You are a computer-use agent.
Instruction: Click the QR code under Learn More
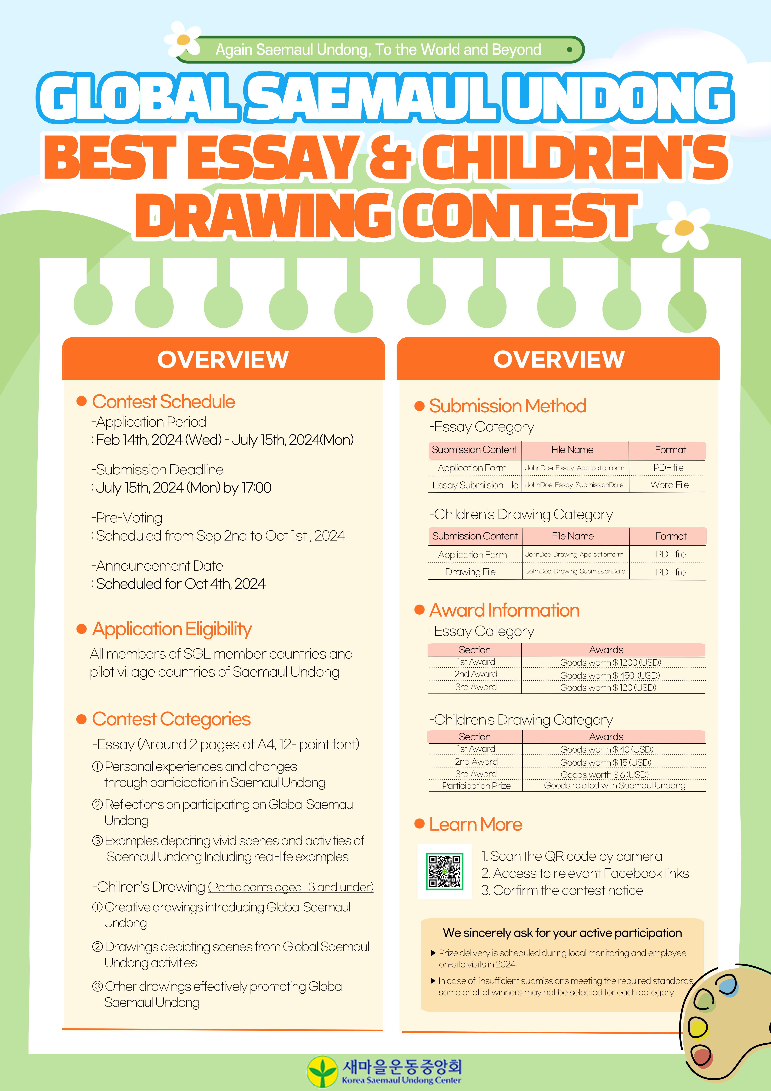pyautogui.click(x=445, y=871)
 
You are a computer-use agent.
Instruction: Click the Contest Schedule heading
pyautogui.click(x=163, y=402)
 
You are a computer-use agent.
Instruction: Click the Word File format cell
pyautogui.click(x=669, y=485)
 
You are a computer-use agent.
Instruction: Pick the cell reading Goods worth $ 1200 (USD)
pyautogui.click(x=610, y=662)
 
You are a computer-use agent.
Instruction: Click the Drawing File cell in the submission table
pyautogui.click(x=470, y=572)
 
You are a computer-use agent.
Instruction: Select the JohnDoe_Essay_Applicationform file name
pyautogui.click(x=574, y=467)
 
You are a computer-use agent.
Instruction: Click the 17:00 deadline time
pyautogui.click(x=256, y=488)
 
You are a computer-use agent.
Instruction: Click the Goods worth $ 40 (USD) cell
pyautogui.click(x=607, y=749)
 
